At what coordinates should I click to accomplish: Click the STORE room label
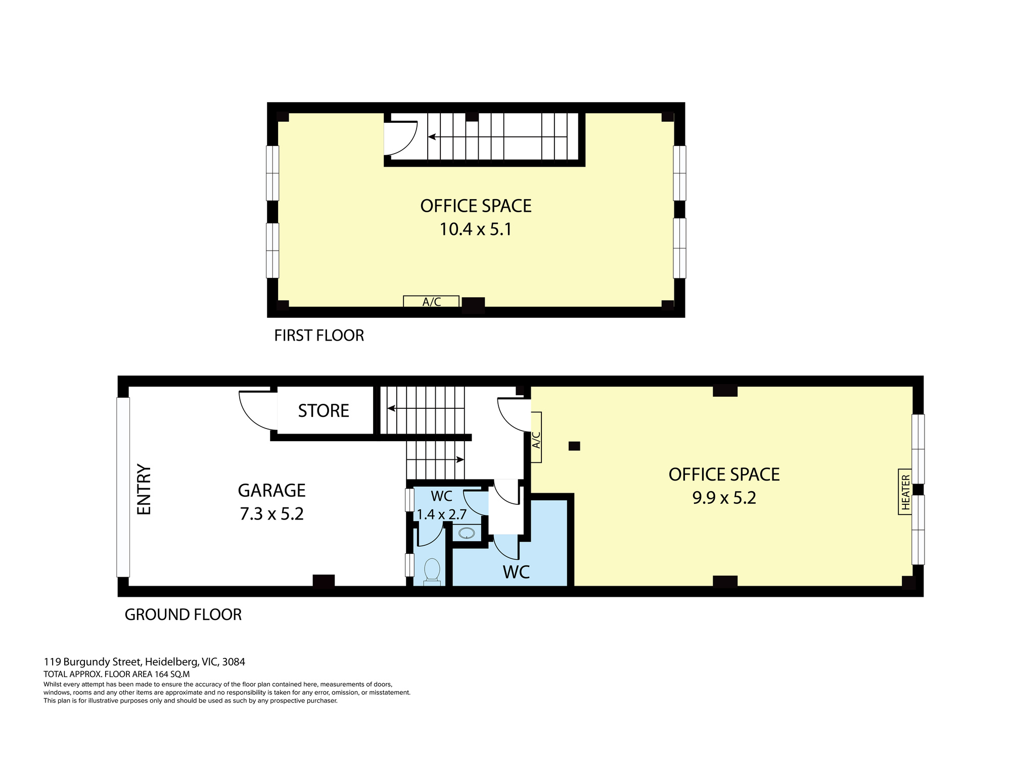pyautogui.click(x=324, y=411)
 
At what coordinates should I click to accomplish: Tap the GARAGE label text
pyautogui.click(x=271, y=490)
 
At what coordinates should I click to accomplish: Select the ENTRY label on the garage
pyautogui.click(x=145, y=490)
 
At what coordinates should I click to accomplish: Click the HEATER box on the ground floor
pyautogui.click(x=905, y=492)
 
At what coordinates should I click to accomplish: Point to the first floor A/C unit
pyautogui.click(x=431, y=302)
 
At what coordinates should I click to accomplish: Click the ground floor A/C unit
pyautogui.click(x=536, y=437)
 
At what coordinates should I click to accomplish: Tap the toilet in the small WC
pyautogui.click(x=432, y=571)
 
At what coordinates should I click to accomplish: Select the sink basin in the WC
pyautogui.click(x=466, y=533)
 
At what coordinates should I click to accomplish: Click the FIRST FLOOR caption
pyautogui.click(x=319, y=336)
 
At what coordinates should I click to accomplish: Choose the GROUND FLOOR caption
pyautogui.click(x=183, y=614)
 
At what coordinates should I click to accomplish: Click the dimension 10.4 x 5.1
pyautogui.click(x=476, y=229)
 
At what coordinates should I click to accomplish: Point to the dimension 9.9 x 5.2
pyautogui.click(x=724, y=498)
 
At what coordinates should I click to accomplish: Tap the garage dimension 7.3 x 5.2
pyautogui.click(x=271, y=514)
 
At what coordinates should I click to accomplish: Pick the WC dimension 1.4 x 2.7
pyautogui.click(x=441, y=514)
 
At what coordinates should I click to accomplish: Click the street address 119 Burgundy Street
pyautogui.click(x=94, y=661)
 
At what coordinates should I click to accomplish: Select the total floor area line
pyautogui.click(x=117, y=674)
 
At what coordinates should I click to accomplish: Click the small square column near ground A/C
pyautogui.click(x=574, y=446)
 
